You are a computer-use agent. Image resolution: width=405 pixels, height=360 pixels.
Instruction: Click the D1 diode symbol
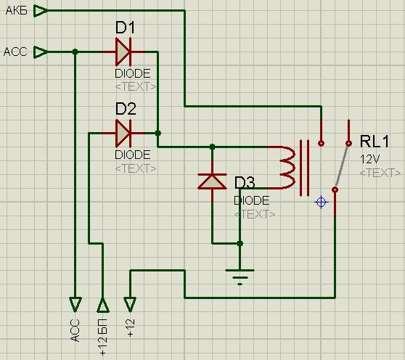click(x=123, y=52)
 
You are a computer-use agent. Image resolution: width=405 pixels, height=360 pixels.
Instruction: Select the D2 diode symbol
click(x=123, y=134)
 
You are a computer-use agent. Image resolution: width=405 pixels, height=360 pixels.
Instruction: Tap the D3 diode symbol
click(x=212, y=181)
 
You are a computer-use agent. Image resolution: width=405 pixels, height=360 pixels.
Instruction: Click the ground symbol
click(x=240, y=277)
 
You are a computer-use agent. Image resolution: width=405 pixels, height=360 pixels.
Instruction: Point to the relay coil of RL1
click(x=287, y=168)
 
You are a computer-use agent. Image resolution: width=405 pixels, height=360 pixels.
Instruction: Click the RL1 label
click(x=375, y=142)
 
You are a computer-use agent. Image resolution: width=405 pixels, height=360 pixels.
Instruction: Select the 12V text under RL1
click(x=369, y=160)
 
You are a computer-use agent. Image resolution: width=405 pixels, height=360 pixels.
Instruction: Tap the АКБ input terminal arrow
click(x=41, y=11)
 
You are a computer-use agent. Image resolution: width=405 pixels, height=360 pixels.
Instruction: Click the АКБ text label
click(x=17, y=11)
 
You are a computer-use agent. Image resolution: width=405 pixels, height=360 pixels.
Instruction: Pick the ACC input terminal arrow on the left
click(x=41, y=52)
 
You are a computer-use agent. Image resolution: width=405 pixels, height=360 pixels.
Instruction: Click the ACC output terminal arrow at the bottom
click(x=75, y=305)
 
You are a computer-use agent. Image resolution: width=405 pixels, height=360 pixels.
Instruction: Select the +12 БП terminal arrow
click(x=103, y=305)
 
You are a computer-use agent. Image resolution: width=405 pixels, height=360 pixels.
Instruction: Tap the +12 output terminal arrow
click(x=130, y=305)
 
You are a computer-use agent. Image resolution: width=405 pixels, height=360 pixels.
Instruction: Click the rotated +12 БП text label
click(x=103, y=337)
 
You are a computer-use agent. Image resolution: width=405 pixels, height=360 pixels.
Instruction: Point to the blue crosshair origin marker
click(x=321, y=202)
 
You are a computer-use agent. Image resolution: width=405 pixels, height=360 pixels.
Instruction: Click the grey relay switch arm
click(x=342, y=166)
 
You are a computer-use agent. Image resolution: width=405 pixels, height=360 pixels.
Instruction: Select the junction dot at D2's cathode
click(x=158, y=134)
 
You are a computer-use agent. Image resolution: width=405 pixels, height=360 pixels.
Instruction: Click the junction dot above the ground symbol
click(x=240, y=243)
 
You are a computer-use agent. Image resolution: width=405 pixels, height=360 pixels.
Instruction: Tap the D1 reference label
click(x=125, y=28)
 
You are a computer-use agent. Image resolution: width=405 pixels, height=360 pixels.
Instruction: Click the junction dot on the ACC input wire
click(x=75, y=52)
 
